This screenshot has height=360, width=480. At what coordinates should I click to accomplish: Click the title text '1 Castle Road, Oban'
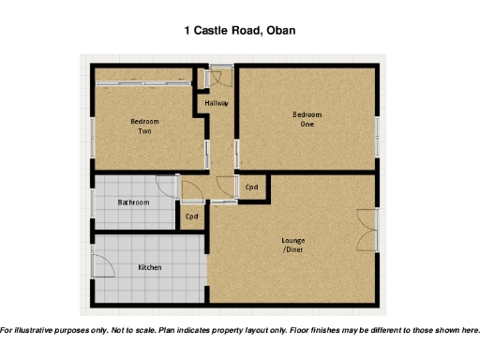click(x=239, y=30)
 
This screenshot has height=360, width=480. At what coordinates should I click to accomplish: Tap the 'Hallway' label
click(x=217, y=103)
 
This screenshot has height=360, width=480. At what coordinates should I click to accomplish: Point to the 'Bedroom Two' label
click(x=144, y=127)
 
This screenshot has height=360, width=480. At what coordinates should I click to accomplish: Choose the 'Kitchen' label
click(x=150, y=267)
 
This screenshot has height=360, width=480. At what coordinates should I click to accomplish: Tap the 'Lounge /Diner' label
click(x=293, y=245)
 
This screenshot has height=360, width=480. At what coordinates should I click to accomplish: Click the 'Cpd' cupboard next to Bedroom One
click(x=251, y=187)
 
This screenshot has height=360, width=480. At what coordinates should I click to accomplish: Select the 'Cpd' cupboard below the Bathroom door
click(x=191, y=217)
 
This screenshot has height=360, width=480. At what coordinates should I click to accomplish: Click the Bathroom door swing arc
click(x=167, y=187)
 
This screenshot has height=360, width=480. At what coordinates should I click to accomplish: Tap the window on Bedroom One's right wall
click(x=378, y=131)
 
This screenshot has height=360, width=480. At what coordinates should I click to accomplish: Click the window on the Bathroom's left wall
click(x=92, y=202)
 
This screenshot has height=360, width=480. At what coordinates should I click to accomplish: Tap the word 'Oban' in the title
click(x=281, y=30)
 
